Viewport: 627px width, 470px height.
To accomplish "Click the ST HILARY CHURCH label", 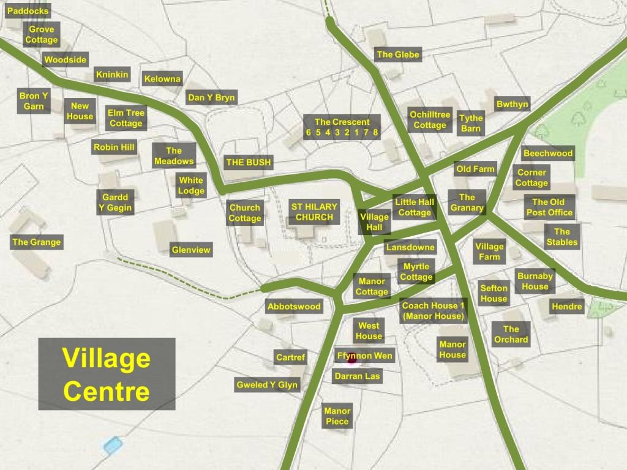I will tap(314, 212).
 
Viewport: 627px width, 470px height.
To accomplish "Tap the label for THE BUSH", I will tap(249, 163).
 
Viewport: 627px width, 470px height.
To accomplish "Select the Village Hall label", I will tap(374, 222).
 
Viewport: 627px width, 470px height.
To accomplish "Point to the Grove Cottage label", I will tap(42, 35).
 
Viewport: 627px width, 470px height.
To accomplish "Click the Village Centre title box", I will tap(107, 374).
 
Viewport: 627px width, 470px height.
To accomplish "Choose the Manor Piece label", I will tap(337, 416).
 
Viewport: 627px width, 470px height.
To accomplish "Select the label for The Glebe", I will tap(398, 55).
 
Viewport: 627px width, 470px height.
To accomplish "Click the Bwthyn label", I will tap(512, 105).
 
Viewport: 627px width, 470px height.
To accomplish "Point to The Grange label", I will tap(37, 242).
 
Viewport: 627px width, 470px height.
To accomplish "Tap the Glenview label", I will tap(191, 250).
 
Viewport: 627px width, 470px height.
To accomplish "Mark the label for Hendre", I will tap(567, 307).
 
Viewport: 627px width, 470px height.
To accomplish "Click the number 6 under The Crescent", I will tap(309, 132).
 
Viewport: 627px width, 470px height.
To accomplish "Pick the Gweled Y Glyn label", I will tap(266, 385).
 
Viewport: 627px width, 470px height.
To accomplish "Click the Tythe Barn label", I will tap(471, 124).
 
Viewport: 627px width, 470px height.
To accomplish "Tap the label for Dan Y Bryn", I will tap(211, 98).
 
